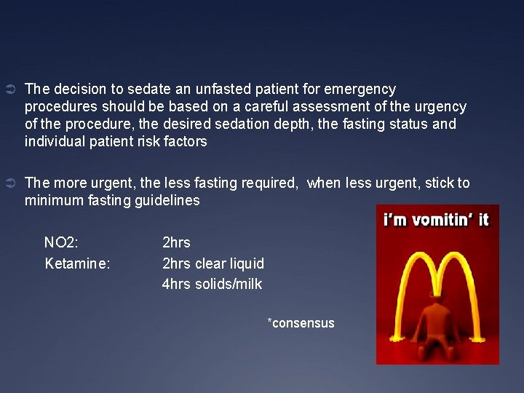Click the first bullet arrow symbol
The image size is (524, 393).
pyautogui.click(x=10, y=90)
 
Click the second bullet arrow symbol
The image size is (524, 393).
pyautogui.click(x=10, y=183)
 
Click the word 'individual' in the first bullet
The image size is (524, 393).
pyautogui.click(x=52, y=141)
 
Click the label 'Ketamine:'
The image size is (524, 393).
pyautogui.click(x=77, y=263)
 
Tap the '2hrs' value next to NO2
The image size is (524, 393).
pyautogui.click(x=176, y=242)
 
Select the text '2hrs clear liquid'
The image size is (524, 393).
pyautogui.click(x=213, y=263)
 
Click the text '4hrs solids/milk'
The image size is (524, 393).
pyautogui.click(x=212, y=283)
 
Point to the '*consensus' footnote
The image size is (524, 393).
pyautogui.click(x=301, y=322)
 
